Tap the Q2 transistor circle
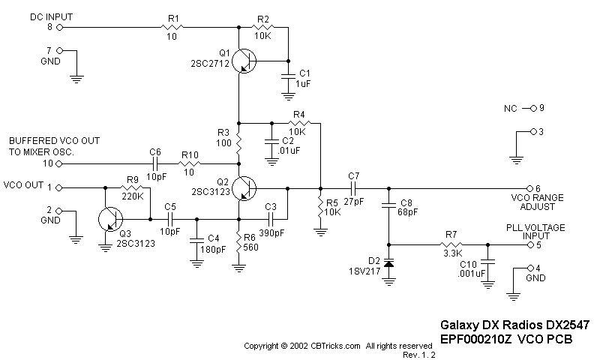click(x=243, y=187)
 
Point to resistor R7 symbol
click(x=450, y=244)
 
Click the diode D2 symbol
click(x=389, y=263)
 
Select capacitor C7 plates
click(x=353, y=187)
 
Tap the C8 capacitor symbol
click(x=389, y=203)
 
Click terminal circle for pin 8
click(x=59, y=26)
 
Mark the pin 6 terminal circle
click(x=529, y=187)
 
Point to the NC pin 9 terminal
click(x=529, y=108)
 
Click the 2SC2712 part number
click(x=209, y=64)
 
